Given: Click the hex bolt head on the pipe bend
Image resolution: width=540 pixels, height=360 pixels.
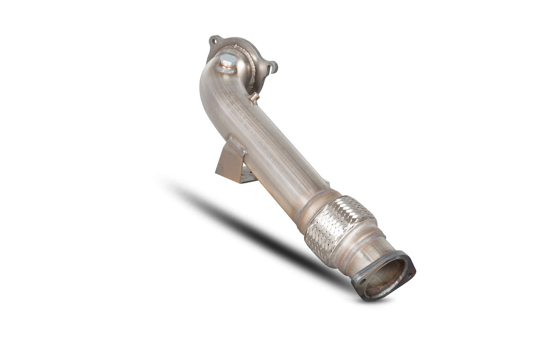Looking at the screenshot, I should (x=228, y=59).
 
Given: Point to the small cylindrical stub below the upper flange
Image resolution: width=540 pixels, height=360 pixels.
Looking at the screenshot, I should (x=255, y=97).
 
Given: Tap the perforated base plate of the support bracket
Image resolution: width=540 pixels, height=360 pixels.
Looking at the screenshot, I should (x=249, y=176).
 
